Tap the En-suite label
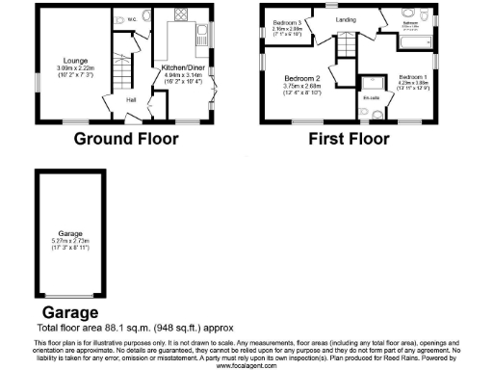tap(371, 97)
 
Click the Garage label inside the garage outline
tap(67, 233)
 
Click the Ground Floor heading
tap(127, 139)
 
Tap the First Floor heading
tap(349, 139)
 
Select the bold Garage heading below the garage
tap(69, 313)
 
